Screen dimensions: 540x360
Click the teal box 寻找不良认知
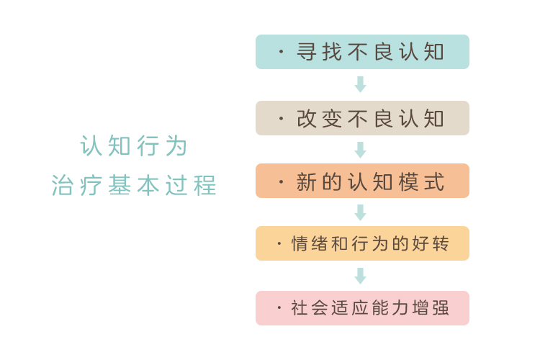point(362,52)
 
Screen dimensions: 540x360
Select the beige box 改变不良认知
point(362,118)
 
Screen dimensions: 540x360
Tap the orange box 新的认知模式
point(362,181)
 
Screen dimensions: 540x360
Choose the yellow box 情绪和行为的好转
point(362,243)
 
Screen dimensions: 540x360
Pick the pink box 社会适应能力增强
point(362,308)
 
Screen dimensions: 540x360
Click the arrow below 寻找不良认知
point(360,84)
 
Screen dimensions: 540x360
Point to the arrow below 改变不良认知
point(360,150)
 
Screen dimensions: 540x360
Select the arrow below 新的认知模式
point(360,212)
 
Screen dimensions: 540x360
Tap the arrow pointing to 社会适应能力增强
point(360,276)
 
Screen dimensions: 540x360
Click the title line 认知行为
point(134,145)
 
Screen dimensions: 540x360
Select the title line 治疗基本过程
point(134,185)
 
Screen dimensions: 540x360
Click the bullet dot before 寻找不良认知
point(281,52)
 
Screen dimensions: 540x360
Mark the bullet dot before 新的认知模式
point(281,181)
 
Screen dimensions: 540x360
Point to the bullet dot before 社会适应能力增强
point(279,307)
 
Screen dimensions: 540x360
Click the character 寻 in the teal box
point(307,52)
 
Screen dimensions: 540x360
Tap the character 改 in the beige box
point(307,119)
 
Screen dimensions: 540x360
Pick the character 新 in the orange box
point(307,181)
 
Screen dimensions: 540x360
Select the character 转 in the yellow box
point(441,243)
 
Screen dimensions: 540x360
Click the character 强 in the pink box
point(441,307)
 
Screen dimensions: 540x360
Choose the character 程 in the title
point(205,185)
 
